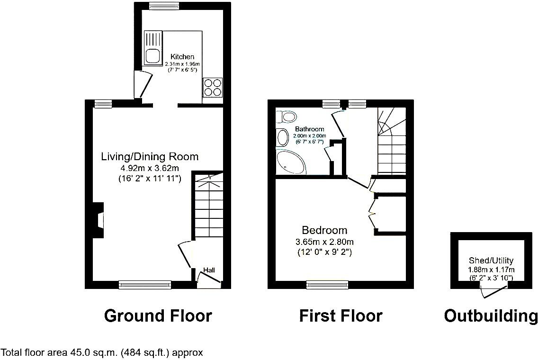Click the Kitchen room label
[x=182, y=57]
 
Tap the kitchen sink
[x=153, y=56]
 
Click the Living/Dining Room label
[x=150, y=157]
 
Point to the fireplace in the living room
[x=99, y=220]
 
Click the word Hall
[x=209, y=270]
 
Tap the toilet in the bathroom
[x=287, y=116]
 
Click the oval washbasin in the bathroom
[x=282, y=138]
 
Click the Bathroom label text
[x=309, y=129]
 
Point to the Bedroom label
[x=324, y=231]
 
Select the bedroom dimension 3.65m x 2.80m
[x=324, y=242]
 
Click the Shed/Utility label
[x=491, y=261]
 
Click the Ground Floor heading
[x=158, y=315]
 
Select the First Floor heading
[x=341, y=315]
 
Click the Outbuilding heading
[x=491, y=315]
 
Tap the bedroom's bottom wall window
[x=327, y=284]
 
